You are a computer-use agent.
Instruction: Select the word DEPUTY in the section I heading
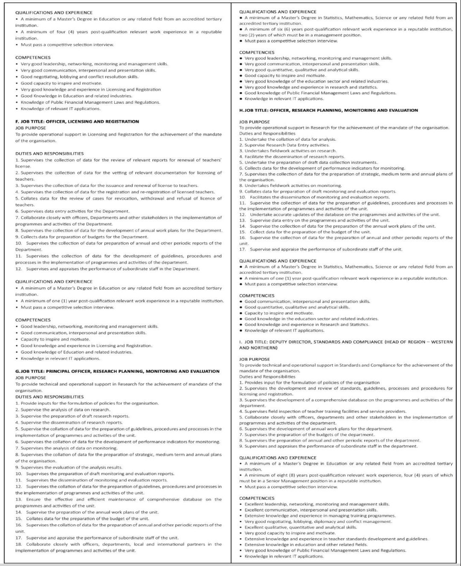281,342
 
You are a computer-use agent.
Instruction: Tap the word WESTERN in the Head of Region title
441,342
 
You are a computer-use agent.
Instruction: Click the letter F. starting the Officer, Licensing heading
17,121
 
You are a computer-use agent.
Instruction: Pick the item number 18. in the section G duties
18,544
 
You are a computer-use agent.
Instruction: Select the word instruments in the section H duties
365,163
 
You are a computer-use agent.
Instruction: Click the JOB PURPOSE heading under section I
254,359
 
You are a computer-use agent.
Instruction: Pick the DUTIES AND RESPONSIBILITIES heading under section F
49,153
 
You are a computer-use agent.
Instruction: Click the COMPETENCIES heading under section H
257,295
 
